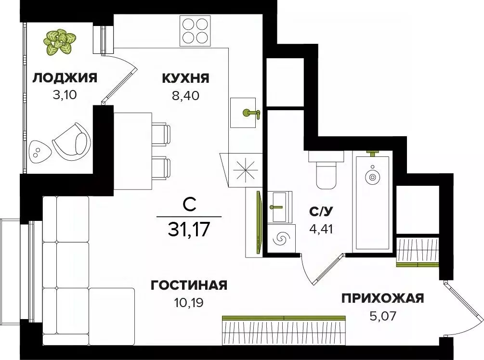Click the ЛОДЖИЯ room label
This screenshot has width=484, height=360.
pyautogui.click(x=65, y=77)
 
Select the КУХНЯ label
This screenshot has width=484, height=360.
pyautogui.click(x=185, y=78)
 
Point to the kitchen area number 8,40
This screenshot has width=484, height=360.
pyautogui.click(x=185, y=94)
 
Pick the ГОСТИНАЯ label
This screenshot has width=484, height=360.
pyautogui.click(x=188, y=286)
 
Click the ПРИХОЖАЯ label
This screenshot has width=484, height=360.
pyautogui.click(x=382, y=299)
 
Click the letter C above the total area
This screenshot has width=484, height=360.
pyautogui.click(x=189, y=206)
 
